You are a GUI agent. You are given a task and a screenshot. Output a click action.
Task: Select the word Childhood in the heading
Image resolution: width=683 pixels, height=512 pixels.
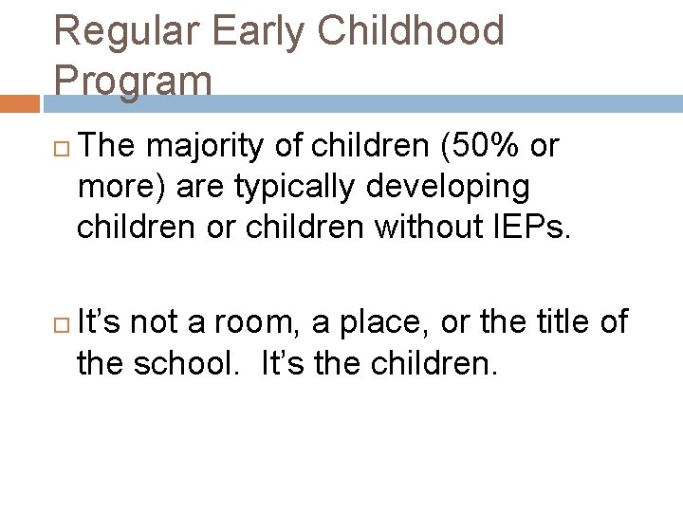point(412,30)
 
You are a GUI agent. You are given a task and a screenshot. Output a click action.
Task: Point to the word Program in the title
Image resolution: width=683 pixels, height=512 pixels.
point(133,81)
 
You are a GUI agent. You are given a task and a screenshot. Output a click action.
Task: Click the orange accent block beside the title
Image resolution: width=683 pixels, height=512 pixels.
point(20,103)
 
